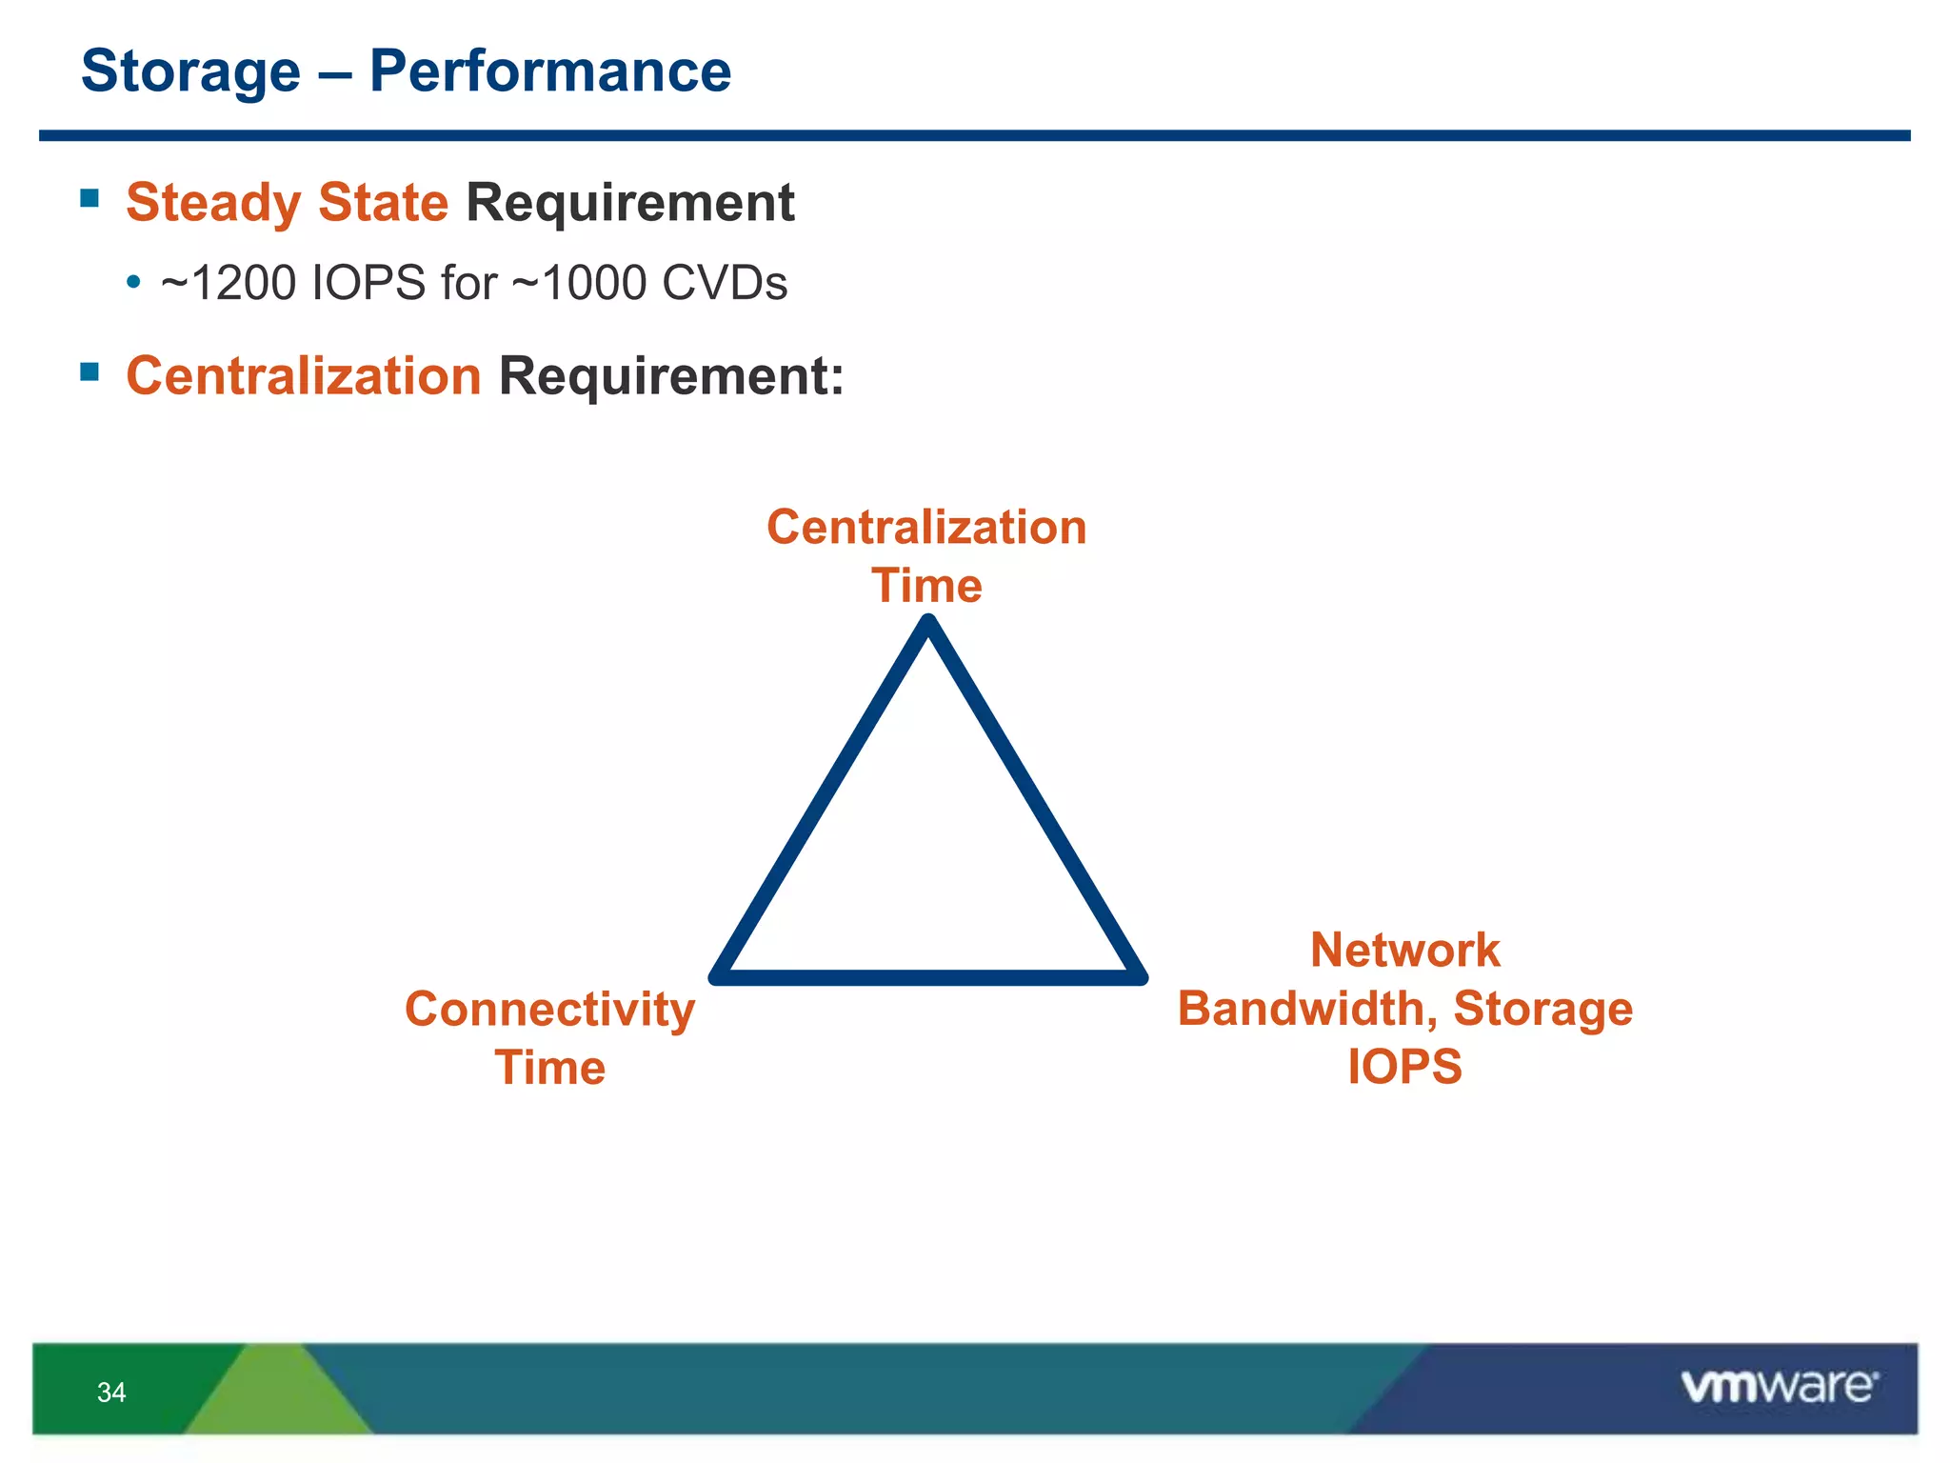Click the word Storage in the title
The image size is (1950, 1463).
tap(190, 72)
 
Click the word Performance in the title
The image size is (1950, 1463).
tap(549, 72)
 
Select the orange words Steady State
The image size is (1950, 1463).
tap(287, 203)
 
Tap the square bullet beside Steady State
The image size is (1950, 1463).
tap(90, 198)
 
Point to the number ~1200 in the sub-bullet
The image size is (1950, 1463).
tap(228, 284)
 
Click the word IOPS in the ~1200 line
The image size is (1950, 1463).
tap(368, 284)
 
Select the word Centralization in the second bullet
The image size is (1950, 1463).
tap(304, 376)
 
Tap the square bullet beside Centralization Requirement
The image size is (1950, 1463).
tap(90, 371)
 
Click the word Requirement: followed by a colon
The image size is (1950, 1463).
tap(671, 376)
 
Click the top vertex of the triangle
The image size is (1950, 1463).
tap(928, 624)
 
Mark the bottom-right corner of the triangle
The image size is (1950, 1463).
tap(1139, 976)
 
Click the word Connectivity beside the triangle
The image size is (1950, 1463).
tap(549, 1010)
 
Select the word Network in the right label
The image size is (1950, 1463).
tap(1404, 951)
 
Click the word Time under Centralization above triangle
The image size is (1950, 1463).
tap(926, 586)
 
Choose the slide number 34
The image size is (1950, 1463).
tap(111, 1393)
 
